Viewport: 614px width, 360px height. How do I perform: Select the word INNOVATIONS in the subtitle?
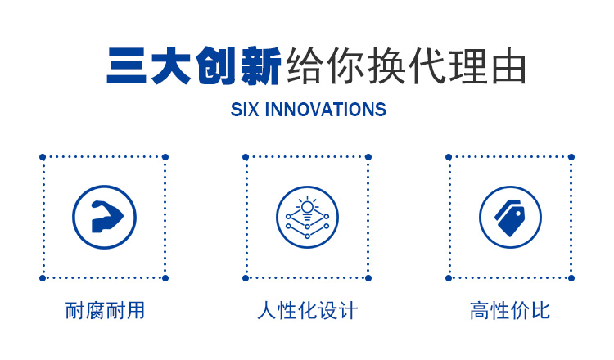point(326,110)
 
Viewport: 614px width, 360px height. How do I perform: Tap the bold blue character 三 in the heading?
point(126,65)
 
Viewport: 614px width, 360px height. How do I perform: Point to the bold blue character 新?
point(261,65)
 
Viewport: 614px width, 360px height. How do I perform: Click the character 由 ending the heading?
point(508,66)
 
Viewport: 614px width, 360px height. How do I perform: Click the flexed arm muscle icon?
point(106,217)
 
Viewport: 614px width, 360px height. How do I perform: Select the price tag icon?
point(509,218)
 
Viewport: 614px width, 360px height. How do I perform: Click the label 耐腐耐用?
point(105,311)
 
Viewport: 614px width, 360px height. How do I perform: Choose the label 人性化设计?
point(307,311)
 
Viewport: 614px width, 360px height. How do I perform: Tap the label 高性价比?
point(510,311)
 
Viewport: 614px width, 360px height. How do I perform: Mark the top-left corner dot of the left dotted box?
point(43,157)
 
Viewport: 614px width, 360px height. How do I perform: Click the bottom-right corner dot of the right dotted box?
point(571,278)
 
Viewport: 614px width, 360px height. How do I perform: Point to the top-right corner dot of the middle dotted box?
point(368,157)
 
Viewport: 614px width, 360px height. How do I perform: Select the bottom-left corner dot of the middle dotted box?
point(246,278)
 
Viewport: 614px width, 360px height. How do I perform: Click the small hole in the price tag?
point(519,214)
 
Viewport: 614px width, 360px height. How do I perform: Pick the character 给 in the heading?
point(305,65)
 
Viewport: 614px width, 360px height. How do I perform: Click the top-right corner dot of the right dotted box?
point(571,157)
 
